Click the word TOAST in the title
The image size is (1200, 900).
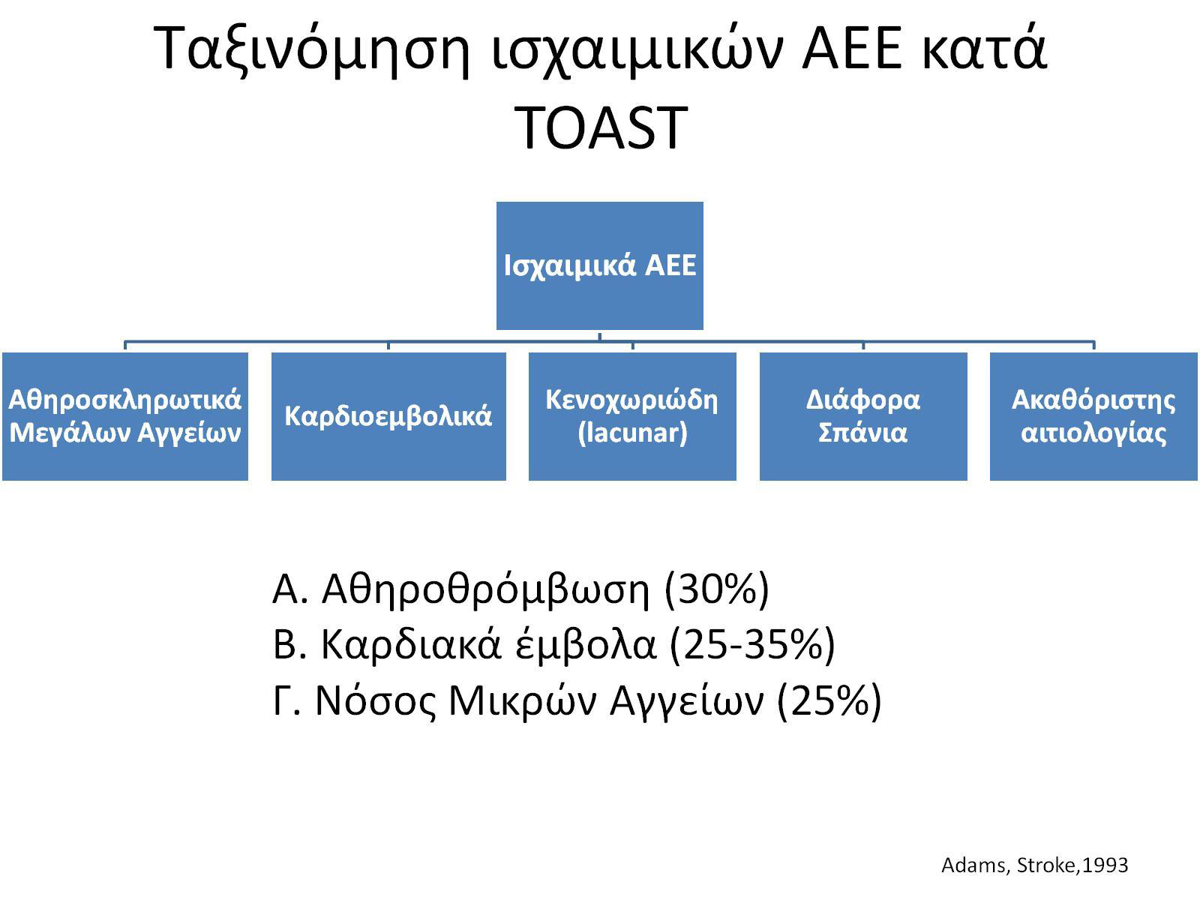(x=600, y=127)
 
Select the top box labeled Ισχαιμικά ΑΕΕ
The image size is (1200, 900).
(x=600, y=265)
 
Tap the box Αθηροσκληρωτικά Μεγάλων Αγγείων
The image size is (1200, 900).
(x=125, y=416)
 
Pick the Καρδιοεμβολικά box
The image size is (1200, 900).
(x=388, y=416)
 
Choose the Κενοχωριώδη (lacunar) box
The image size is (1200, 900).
(x=632, y=416)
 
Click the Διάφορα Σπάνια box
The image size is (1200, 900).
(x=864, y=416)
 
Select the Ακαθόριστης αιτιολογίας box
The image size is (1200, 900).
(x=1094, y=416)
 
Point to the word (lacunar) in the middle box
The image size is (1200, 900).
(x=632, y=433)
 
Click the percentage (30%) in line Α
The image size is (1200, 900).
(x=717, y=589)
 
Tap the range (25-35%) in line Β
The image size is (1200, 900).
(x=752, y=645)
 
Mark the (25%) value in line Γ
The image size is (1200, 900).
(x=829, y=700)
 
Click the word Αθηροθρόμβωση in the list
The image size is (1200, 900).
(x=485, y=590)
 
